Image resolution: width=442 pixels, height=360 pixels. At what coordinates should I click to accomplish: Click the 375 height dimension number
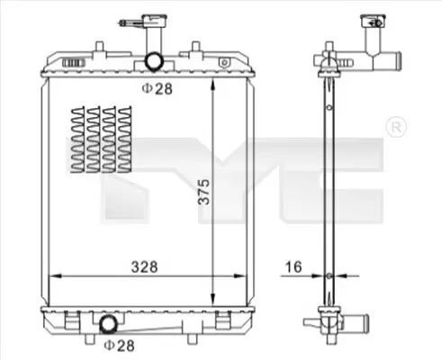pos(204,192)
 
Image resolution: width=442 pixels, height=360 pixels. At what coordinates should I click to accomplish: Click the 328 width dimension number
pos(144,266)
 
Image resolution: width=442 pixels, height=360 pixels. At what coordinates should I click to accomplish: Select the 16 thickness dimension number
pos(293,266)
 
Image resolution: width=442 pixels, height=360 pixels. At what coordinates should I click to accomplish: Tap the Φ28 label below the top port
pos(158,88)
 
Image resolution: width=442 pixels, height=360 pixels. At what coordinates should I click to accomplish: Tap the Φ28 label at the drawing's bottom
pos(119,346)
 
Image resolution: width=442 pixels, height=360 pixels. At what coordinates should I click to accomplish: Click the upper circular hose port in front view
pos(154,61)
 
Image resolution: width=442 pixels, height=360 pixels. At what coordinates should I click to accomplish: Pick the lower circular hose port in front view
pos(108,324)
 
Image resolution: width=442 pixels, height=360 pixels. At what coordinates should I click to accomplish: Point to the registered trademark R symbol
pos(396,127)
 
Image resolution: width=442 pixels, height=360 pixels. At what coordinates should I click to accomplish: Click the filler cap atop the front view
pos(155,21)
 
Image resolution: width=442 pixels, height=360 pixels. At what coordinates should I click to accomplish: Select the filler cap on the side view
pos(373,21)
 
